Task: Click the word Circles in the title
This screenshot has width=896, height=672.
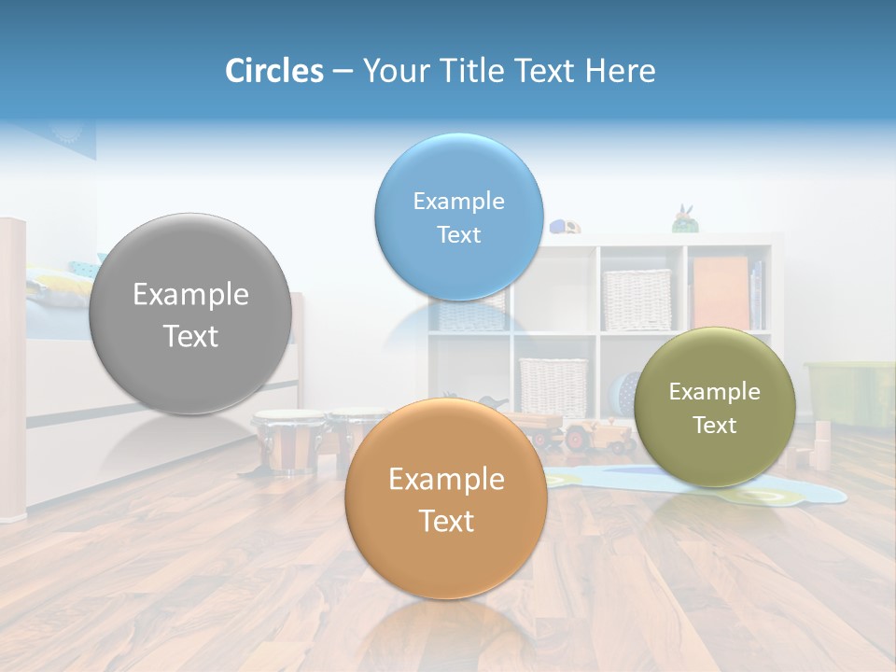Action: click(273, 71)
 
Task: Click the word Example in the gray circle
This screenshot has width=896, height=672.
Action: click(190, 295)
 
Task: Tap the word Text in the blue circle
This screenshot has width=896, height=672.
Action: click(458, 235)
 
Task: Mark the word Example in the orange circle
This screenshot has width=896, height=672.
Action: click(446, 480)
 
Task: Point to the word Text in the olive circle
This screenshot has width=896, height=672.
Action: click(714, 426)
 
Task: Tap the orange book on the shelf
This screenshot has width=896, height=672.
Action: click(720, 293)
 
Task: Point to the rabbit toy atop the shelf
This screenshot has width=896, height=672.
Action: click(684, 219)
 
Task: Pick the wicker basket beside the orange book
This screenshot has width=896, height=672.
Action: click(637, 299)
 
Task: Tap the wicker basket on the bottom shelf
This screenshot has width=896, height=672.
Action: click(553, 386)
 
